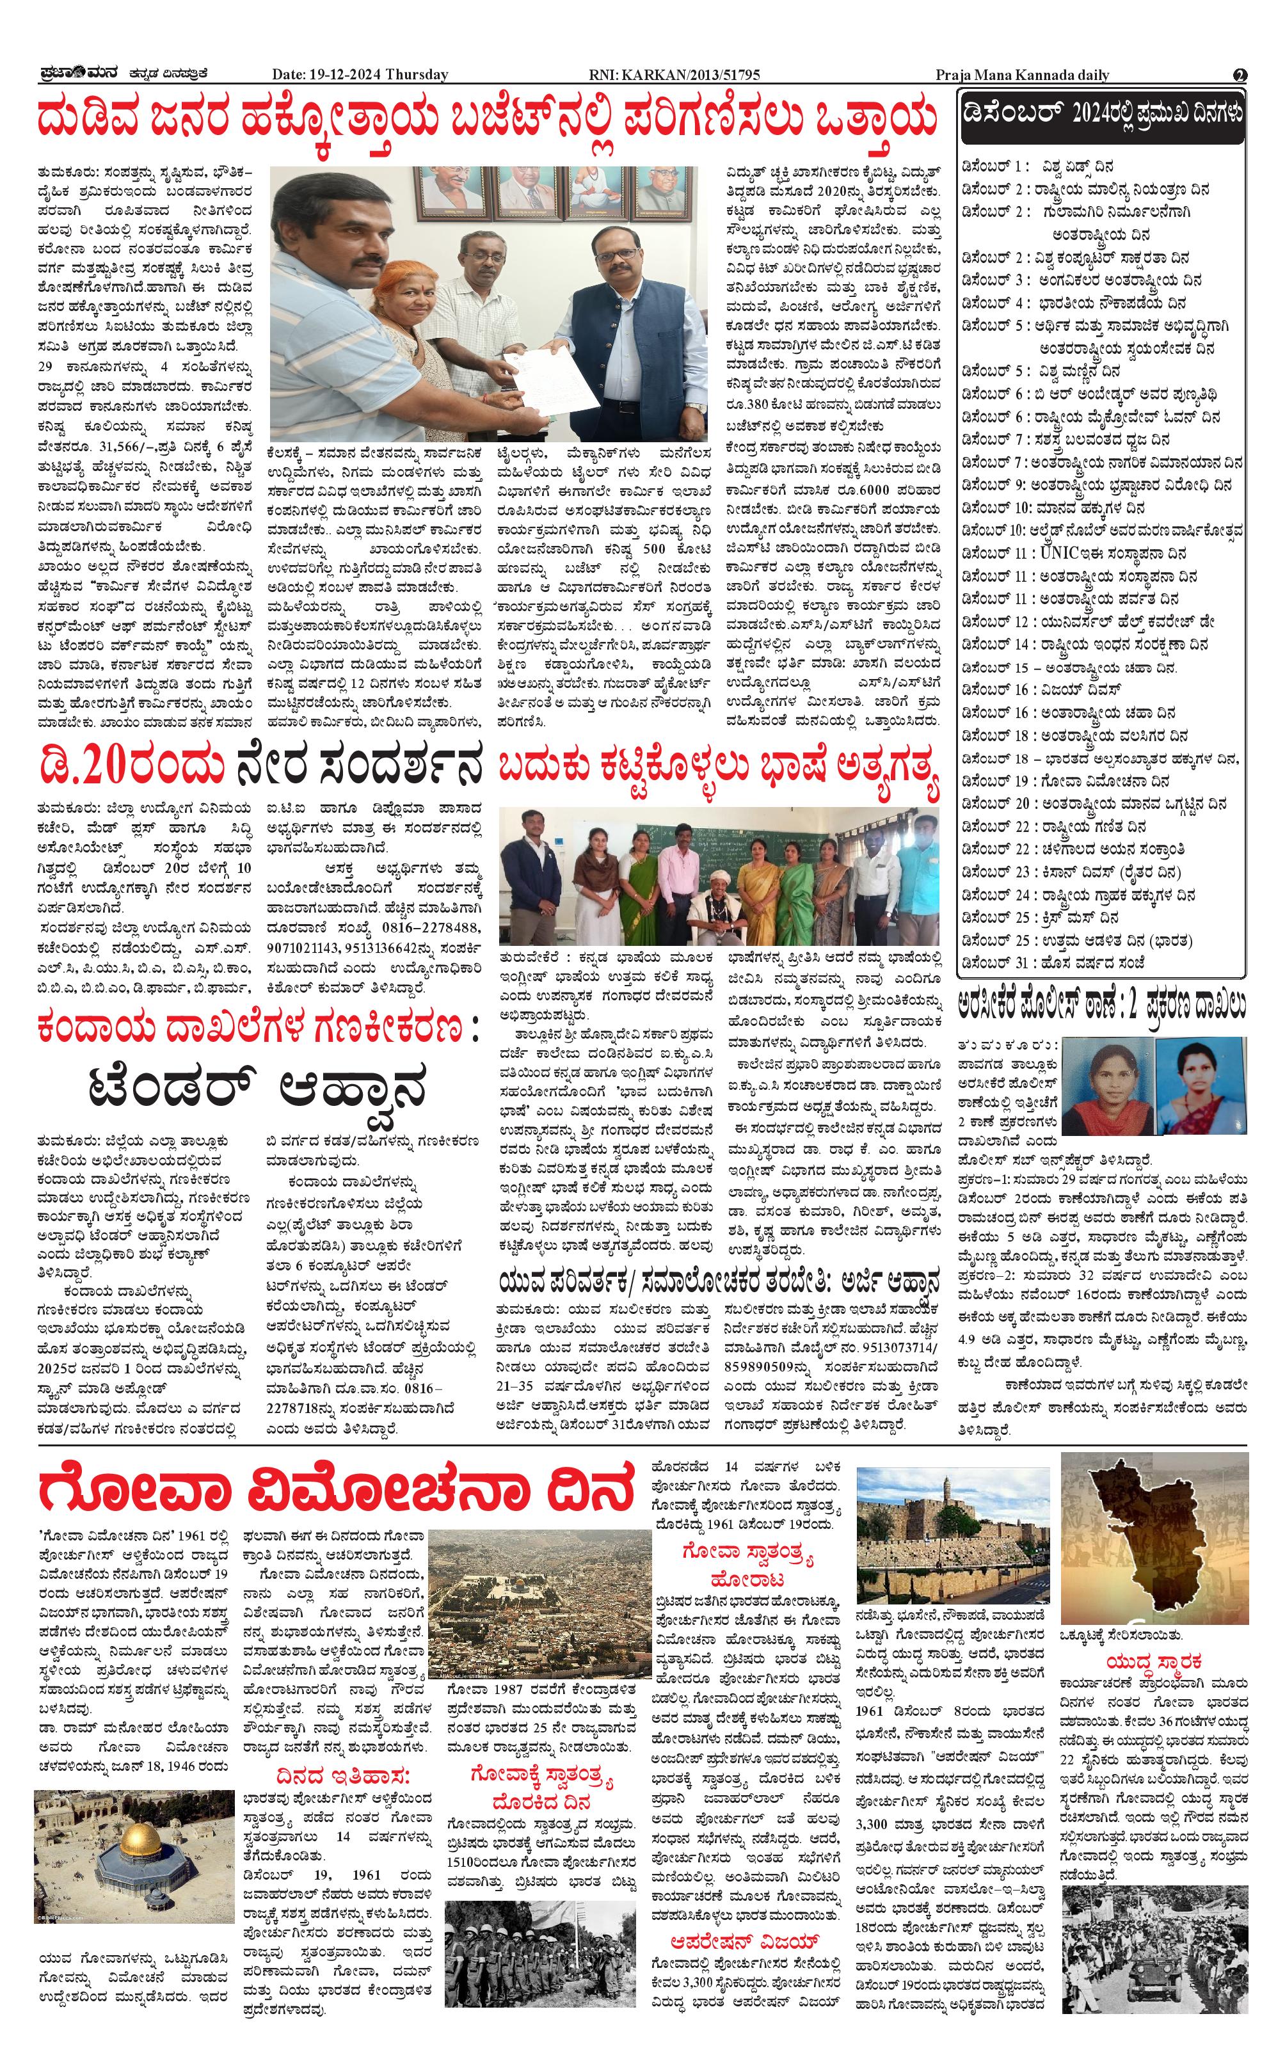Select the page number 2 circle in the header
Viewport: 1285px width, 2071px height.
click(x=1240, y=75)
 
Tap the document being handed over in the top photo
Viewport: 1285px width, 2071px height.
click(x=544, y=378)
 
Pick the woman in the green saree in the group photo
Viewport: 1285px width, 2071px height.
click(x=795, y=888)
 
